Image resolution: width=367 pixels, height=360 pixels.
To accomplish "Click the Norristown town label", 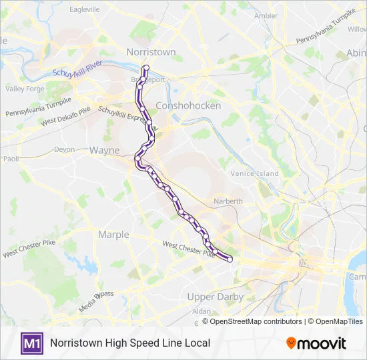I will [x=151, y=52].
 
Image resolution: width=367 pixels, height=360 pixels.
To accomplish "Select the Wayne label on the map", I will [x=105, y=151].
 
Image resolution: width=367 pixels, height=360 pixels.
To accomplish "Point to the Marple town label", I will [x=113, y=234].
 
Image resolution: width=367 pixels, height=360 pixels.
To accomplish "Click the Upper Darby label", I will [x=216, y=297].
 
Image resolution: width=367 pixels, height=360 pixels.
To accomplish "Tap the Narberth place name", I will [x=228, y=201].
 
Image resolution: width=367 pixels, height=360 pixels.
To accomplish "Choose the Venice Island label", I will [x=254, y=174].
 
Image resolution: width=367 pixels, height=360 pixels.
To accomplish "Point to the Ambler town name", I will [x=266, y=16].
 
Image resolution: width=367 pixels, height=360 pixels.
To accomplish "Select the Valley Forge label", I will [x=25, y=88].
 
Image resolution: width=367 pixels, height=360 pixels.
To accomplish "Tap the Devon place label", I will [x=64, y=149].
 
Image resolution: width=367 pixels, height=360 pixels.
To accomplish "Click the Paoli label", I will [x=11, y=159].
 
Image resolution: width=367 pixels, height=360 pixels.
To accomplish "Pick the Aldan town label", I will [x=202, y=311].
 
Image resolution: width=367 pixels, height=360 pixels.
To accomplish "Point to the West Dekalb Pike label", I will [x=65, y=118].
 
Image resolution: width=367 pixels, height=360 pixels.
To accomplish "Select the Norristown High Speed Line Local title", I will [x=130, y=343].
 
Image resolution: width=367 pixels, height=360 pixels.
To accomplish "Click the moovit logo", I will [x=316, y=343].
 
